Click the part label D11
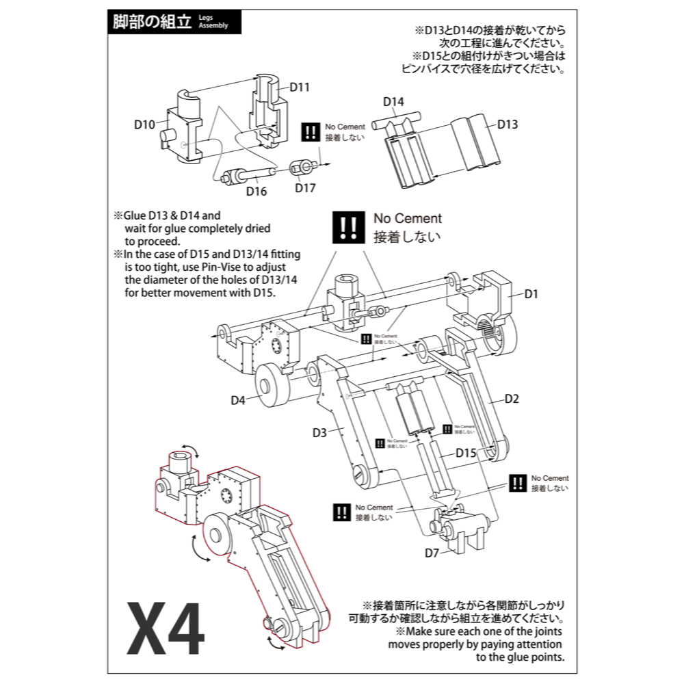pyautogui.click(x=300, y=87)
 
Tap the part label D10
pyautogui.click(x=144, y=124)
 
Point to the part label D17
pyautogui.click(x=305, y=188)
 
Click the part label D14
pyautogui.click(x=393, y=102)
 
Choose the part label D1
pyautogui.click(x=531, y=294)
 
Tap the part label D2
pyautogui.click(x=512, y=398)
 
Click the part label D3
pyautogui.click(x=319, y=432)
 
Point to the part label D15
pyautogui.click(x=465, y=453)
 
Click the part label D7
pyautogui.click(x=431, y=553)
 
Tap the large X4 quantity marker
pyautogui.click(x=166, y=629)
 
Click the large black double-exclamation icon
pyautogui.click(x=347, y=228)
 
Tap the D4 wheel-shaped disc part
pyautogui.click(x=272, y=387)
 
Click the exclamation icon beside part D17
pyautogui.click(x=312, y=132)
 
